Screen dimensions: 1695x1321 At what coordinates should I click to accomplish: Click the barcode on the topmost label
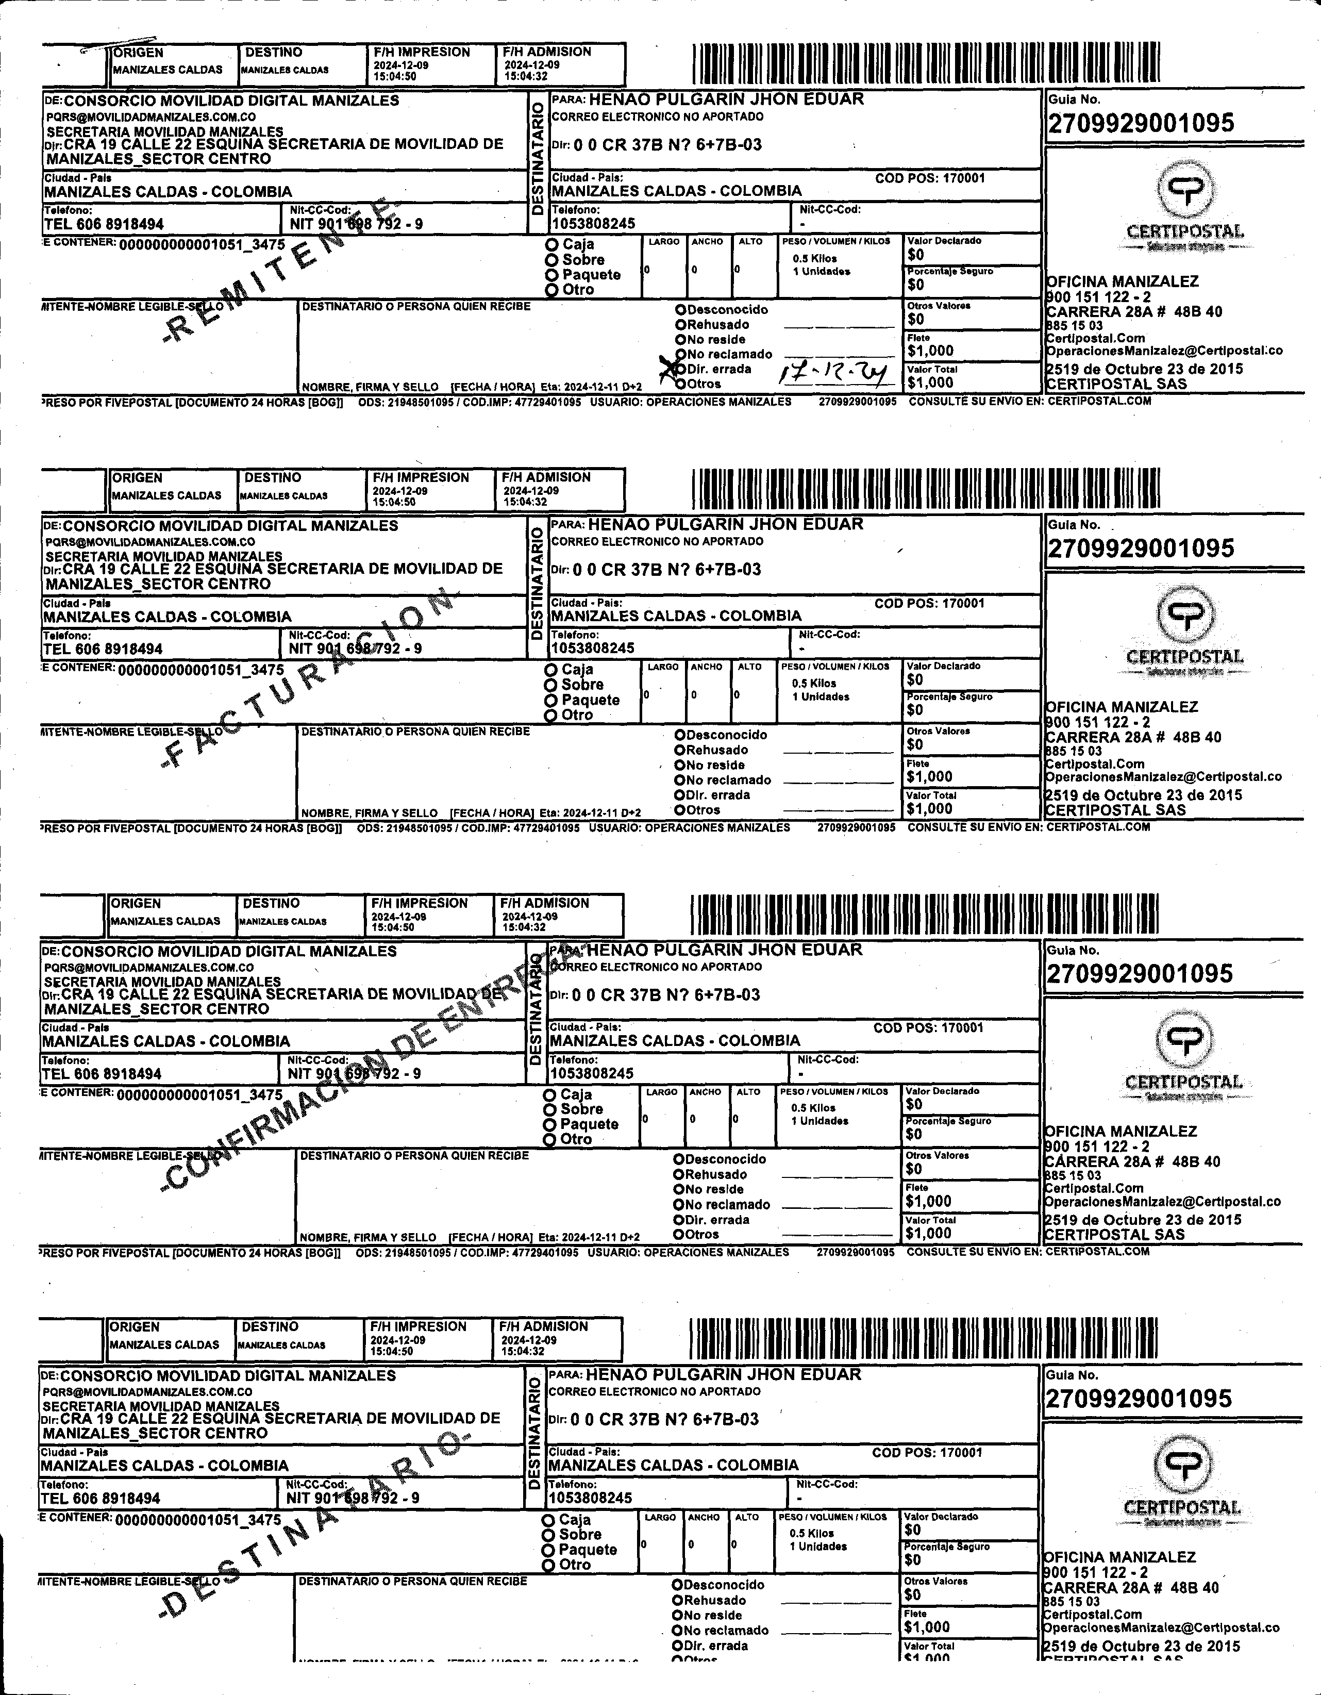coord(925,63)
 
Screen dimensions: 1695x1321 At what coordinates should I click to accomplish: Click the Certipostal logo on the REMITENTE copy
coord(1184,204)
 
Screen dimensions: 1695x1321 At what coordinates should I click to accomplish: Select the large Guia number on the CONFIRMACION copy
coord(1140,973)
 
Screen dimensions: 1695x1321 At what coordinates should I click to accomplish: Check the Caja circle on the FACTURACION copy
coord(551,670)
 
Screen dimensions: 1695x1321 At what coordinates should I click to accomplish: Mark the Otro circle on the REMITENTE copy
coord(552,290)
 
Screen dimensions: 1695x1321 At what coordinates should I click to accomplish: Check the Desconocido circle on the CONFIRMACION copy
coord(678,1159)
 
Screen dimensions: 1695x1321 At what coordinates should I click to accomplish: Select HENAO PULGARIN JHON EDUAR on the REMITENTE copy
coord(726,99)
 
